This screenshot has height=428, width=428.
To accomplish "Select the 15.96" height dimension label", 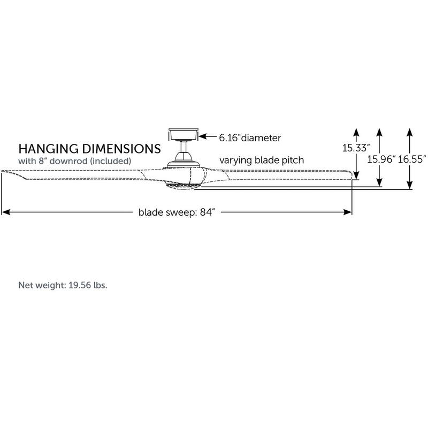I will pos(380,159).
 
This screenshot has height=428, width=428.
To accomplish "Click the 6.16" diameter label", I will pos(249,137).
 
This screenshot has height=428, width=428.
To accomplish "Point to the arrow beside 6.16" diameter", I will pos(209,137).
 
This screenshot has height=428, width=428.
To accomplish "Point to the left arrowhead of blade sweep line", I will pos(5,212).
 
